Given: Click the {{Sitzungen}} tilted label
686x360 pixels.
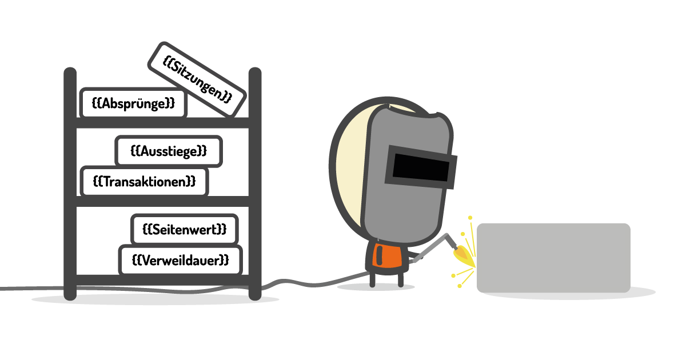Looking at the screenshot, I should coord(197,79).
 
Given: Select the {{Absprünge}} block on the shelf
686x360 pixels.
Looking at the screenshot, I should coord(133,103).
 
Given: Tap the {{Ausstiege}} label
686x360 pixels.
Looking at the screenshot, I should coord(169,151).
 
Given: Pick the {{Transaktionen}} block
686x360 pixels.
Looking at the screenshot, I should coord(144,181).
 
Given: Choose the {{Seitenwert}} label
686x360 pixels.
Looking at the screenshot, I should coord(184,229).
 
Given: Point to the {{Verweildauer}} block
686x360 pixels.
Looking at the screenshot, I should coord(180,260).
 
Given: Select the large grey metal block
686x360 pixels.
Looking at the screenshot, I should coord(553,257).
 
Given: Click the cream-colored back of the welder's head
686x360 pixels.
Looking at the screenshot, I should coord(349,171).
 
